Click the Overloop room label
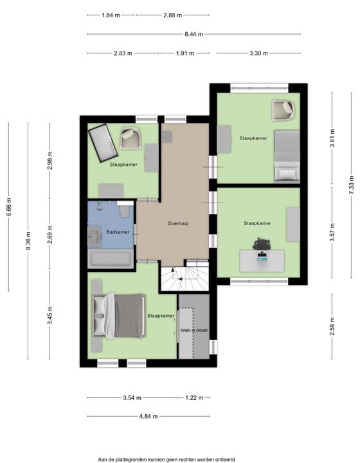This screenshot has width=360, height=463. pyautogui.click(x=178, y=224)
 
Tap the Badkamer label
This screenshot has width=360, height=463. pyautogui.click(x=118, y=232)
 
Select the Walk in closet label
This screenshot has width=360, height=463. pyautogui.click(x=194, y=330)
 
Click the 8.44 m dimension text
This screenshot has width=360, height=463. pyautogui.click(x=194, y=34)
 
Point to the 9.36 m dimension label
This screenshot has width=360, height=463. pyautogui.click(x=28, y=241)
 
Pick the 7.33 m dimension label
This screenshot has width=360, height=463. pyautogui.click(x=351, y=185)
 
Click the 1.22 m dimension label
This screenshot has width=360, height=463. pyautogui.click(x=194, y=398)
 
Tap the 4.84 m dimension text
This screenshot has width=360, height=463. pyautogui.click(x=148, y=416)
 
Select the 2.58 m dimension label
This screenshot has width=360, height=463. pyautogui.click(x=332, y=326)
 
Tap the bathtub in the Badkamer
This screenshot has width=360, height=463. pyautogui.click(x=111, y=259)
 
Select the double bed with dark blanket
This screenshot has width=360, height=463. pyautogui.click(x=119, y=316)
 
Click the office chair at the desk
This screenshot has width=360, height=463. pyautogui.click(x=262, y=244)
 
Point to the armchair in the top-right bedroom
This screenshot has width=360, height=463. pyautogui.click(x=283, y=110)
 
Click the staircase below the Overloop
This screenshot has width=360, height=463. pyautogui.click(x=184, y=278)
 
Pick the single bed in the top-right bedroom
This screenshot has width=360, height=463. pyautogui.click(x=287, y=156)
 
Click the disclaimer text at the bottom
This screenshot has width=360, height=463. pyautogui.click(x=166, y=459)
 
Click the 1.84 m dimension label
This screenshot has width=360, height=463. pyautogui.click(x=111, y=15)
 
